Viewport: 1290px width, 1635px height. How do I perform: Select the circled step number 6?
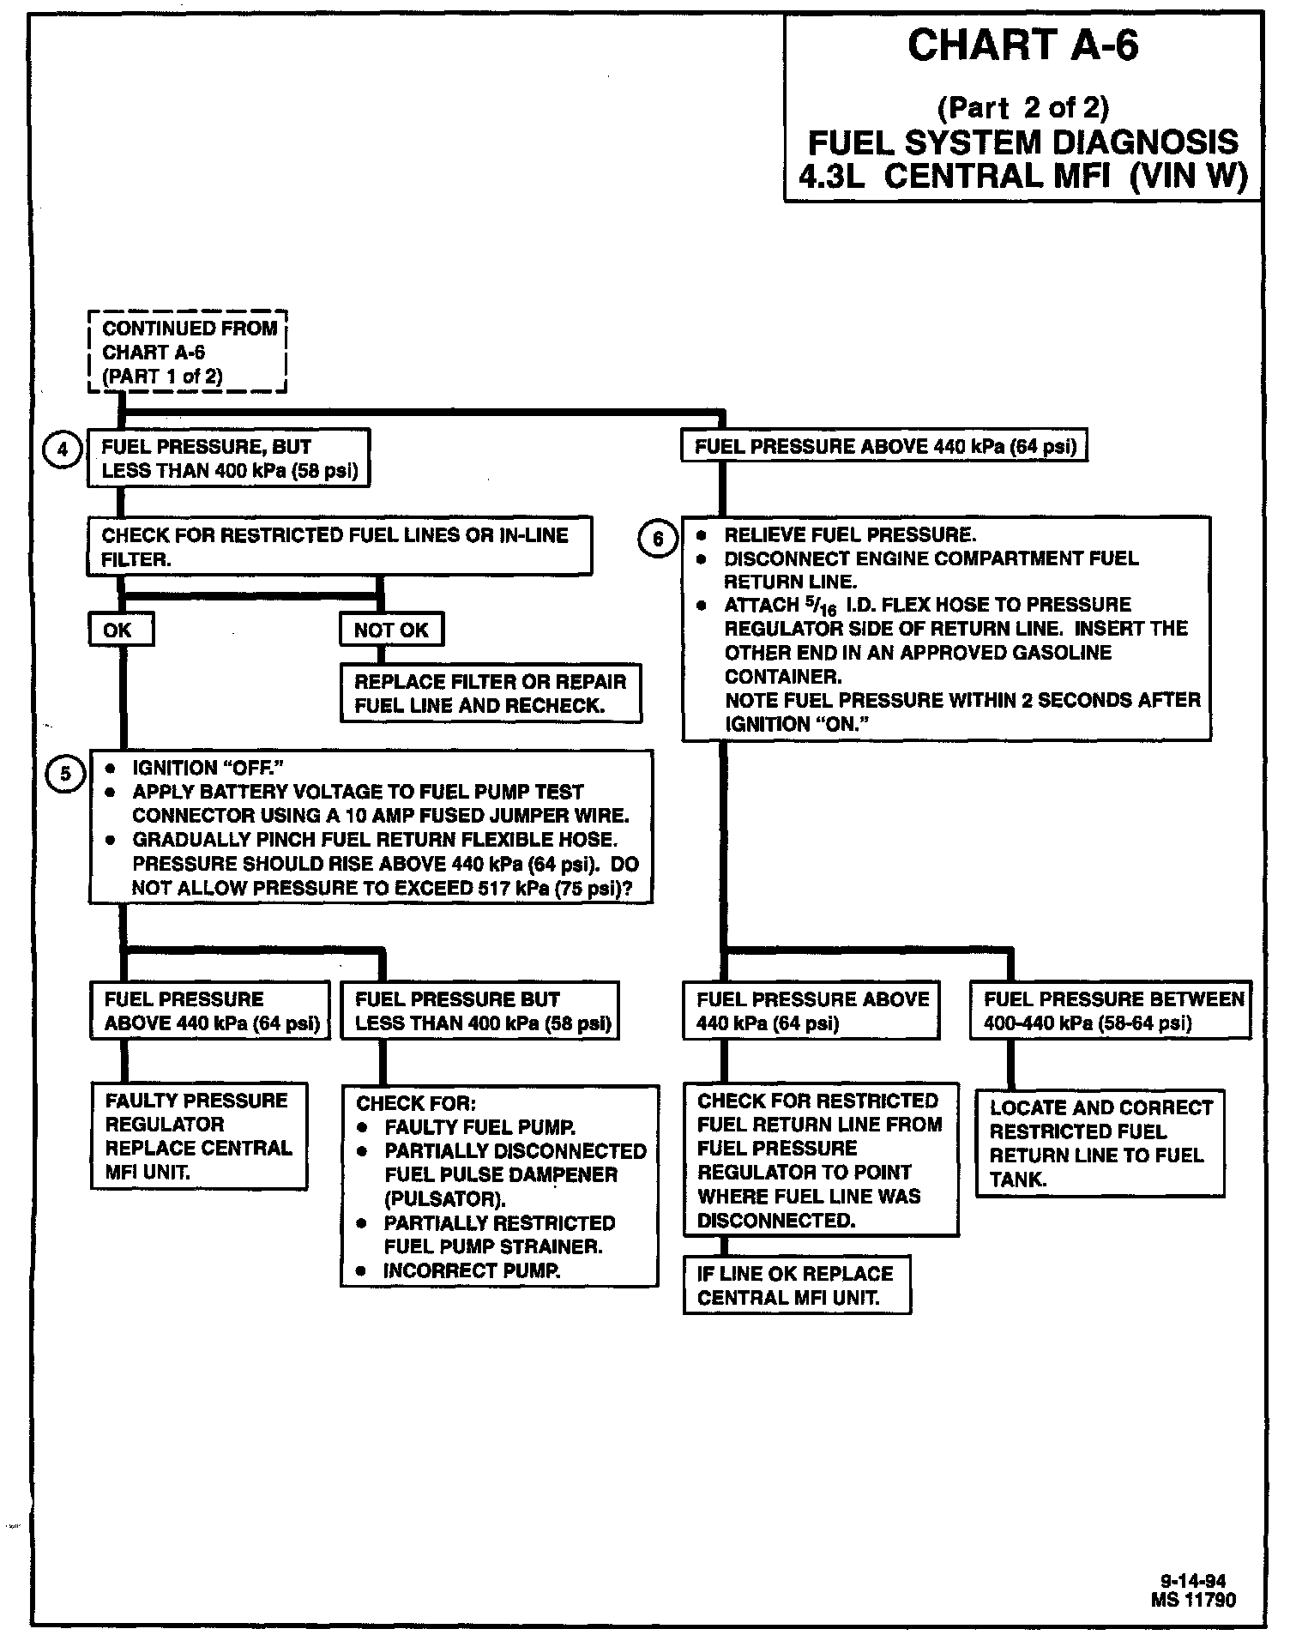tap(658, 539)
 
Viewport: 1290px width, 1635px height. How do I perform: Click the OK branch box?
tap(121, 630)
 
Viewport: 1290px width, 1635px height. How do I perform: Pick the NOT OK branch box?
tap(391, 630)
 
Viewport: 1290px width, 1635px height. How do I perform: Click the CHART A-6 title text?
tap(1022, 46)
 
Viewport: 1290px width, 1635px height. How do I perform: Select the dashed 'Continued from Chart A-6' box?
tap(188, 352)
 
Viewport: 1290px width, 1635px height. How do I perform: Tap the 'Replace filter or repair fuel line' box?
tap(491, 693)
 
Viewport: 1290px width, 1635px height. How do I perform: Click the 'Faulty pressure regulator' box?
tap(199, 1136)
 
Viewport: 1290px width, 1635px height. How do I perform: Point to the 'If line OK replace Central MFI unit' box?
tap(797, 1285)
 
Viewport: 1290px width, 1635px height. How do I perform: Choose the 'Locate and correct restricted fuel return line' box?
tap(1100, 1143)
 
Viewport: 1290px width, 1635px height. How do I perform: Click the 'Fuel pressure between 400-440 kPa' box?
tap(1111, 1011)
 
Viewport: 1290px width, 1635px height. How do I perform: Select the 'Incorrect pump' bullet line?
tap(471, 1270)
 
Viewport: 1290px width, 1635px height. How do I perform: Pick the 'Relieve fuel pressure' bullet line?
tap(849, 535)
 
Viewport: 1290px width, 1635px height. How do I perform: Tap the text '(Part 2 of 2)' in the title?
tap(1022, 108)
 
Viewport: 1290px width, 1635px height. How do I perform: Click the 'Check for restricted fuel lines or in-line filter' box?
tap(340, 546)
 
